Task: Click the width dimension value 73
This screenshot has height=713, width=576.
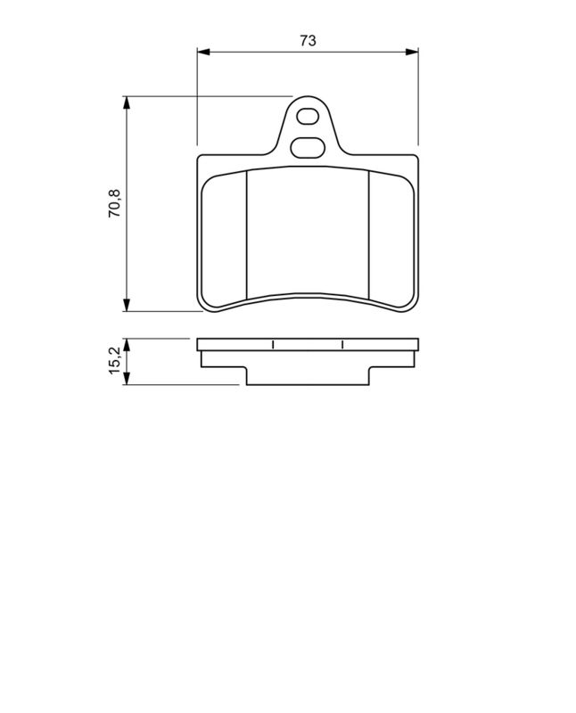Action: [x=308, y=41]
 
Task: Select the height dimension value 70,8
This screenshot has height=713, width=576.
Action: [x=115, y=204]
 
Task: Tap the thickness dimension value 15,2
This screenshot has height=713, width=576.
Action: [x=115, y=361]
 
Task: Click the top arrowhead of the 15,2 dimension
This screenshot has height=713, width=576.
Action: [x=128, y=344]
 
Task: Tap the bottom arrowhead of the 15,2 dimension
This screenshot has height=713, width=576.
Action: [x=128, y=380]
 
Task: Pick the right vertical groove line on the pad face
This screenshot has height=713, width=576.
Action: [x=369, y=234]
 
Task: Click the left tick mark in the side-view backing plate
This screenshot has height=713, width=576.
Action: [x=272, y=345]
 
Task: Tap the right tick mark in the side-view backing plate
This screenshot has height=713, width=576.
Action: [x=342, y=345]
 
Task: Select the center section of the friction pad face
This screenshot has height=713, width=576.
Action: [x=308, y=232]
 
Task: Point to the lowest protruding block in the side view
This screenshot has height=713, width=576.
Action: [x=308, y=376]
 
